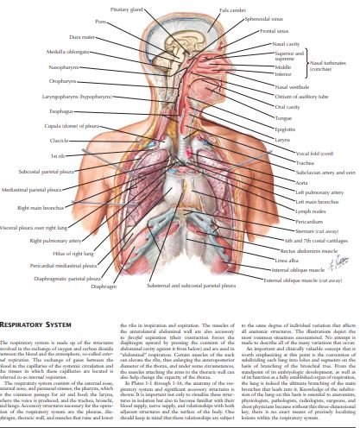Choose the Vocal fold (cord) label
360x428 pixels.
coord(294,153)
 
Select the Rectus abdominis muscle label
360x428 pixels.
coord(300,249)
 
